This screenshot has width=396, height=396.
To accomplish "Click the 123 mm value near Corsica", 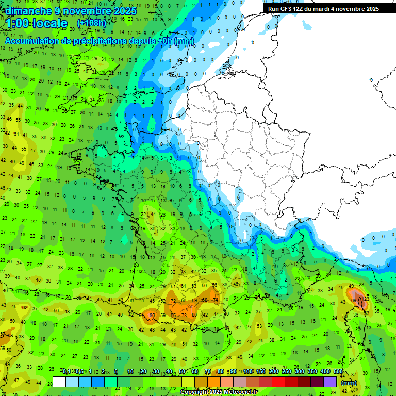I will point(366,299).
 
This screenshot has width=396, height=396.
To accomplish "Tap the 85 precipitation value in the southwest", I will point(152,315).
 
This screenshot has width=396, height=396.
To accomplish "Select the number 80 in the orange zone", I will point(194,315).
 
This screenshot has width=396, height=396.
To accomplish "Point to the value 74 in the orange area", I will point(216,300).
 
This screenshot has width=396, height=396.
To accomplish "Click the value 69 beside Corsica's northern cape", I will point(354,300).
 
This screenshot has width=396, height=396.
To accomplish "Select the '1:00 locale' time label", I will point(36,24).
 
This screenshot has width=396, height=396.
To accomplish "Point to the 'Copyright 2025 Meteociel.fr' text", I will point(218,392).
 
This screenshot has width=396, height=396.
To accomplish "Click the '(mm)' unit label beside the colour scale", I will point(349,383).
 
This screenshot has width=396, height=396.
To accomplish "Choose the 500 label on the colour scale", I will point(338,372).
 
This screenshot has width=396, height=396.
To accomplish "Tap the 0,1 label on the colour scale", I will point(67,372).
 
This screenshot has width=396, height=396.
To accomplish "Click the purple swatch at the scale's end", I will point(330,382).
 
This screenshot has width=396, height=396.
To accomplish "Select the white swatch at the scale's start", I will point(59,382).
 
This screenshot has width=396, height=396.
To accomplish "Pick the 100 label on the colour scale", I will point(249,372).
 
